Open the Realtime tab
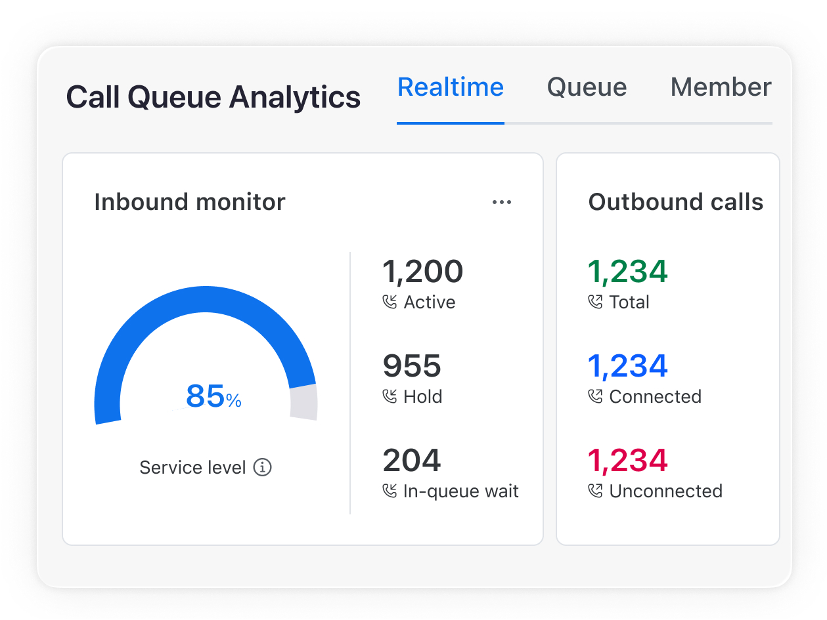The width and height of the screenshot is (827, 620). pyautogui.click(x=451, y=87)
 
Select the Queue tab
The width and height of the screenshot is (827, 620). pyautogui.click(x=587, y=87)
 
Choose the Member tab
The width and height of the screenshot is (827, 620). pyautogui.click(x=720, y=87)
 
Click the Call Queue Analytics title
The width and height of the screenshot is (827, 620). pyautogui.click(x=213, y=97)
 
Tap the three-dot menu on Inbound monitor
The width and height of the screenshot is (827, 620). pyautogui.click(x=502, y=203)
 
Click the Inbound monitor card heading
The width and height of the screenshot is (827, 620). pyautogui.click(x=190, y=202)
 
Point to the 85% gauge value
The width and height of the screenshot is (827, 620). pyautogui.click(x=213, y=396)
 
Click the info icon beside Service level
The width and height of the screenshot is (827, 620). pyautogui.click(x=263, y=468)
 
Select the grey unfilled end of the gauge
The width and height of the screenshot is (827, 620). pyautogui.click(x=304, y=402)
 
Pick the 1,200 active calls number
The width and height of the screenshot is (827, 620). pyautogui.click(x=422, y=272)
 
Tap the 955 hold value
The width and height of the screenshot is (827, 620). pyautogui.click(x=412, y=366)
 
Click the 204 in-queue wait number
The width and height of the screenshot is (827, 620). pyautogui.click(x=412, y=461)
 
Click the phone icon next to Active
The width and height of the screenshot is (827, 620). pyautogui.click(x=390, y=302)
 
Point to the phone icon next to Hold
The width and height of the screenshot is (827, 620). pyautogui.click(x=390, y=397)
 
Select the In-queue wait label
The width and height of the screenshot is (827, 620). pyautogui.click(x=461, y=491)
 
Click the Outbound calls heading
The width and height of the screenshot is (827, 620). pyautogui.click(x=675, y=202)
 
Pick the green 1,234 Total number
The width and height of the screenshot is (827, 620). pyautogui.click(x=627, y=272)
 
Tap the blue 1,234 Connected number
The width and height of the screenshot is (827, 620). pyautogui.click(x=627, y=366)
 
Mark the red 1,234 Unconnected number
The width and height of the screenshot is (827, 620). pyautogui.click(x=627, y=461)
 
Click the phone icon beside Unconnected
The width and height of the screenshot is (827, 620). pyautogui.click(x=596, y=491)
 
